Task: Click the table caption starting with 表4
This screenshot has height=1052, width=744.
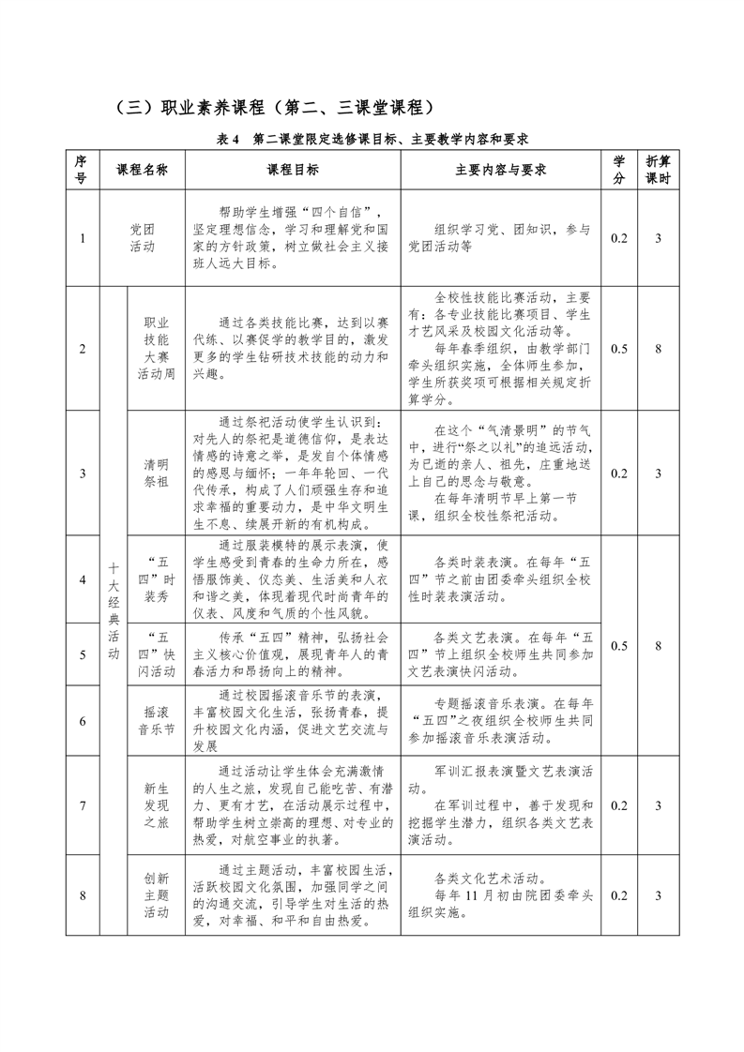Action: click(372, 139)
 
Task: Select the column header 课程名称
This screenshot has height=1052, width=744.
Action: click(142, 170)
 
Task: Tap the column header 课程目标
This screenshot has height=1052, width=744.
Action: click(293, 170)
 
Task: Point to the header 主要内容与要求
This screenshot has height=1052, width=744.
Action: click(501, 170)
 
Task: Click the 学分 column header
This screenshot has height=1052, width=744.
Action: click(619, 170)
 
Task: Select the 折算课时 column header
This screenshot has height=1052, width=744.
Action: click(659, 170)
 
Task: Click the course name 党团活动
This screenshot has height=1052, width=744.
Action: click(142, 238)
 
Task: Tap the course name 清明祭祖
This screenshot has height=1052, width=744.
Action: click(157, 473)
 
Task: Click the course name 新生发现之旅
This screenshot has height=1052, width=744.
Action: click(157, 805)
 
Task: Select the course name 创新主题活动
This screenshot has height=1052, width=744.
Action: click(157, 895)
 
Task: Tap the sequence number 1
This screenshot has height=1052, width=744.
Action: click(83, 238)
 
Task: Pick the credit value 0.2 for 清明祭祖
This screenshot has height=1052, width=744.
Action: click(619, 473)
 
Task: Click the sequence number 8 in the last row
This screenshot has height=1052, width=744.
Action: click(83, 895)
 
